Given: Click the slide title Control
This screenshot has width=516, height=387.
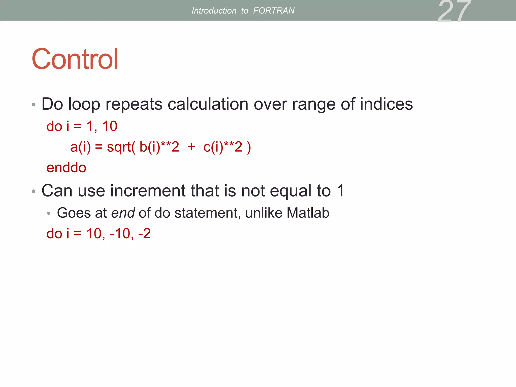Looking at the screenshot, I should [75, 59].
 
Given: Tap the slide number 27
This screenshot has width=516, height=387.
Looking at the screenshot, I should [454, 11].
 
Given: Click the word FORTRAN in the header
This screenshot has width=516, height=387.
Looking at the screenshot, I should [274, 11].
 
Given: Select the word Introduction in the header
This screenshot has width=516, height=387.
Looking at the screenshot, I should [214, 11].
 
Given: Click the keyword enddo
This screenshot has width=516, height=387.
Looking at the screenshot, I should [66, 168].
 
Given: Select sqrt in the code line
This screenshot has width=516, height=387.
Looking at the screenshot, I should [119, 147].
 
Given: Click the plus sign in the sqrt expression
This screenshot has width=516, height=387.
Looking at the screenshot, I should [191, 146].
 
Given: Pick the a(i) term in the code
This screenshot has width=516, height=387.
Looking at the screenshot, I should [80, 147].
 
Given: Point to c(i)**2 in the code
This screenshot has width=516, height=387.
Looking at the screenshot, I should [223, 147].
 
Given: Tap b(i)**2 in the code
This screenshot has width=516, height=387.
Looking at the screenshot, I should [159, 147].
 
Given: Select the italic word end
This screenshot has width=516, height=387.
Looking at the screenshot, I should [123, 213].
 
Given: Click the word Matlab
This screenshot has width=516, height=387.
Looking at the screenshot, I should [308, 213].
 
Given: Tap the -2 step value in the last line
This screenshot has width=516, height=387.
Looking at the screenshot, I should [144, 234].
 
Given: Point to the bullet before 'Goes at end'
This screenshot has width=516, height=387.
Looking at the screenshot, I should [49, 214].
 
